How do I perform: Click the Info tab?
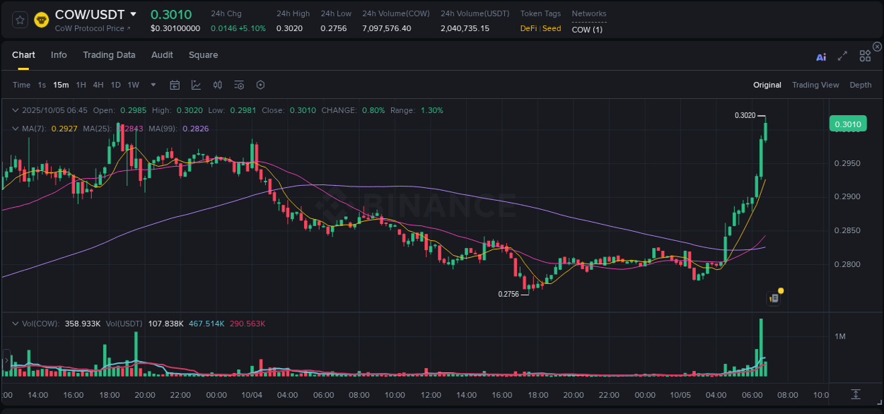(59, 55)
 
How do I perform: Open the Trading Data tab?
(109, 55)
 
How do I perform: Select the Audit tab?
(162, 55)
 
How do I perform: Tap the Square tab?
(203, 55)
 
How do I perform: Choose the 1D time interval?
(115, 85)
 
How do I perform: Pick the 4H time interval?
(98, 85)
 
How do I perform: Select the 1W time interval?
(133, 85)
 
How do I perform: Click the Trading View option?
(815, 85)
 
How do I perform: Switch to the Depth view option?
(860, 85)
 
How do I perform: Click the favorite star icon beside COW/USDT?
(21, 20)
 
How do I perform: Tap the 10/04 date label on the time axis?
(251, 395)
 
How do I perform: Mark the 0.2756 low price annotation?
(508, 294)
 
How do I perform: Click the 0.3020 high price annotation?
(745, 115)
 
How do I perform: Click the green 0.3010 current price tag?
(848, 125)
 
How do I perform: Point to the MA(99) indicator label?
(195, 129)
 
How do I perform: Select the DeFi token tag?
(529, 28)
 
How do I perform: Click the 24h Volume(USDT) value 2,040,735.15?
(465, 28)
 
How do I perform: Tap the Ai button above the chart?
(821, 57)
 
